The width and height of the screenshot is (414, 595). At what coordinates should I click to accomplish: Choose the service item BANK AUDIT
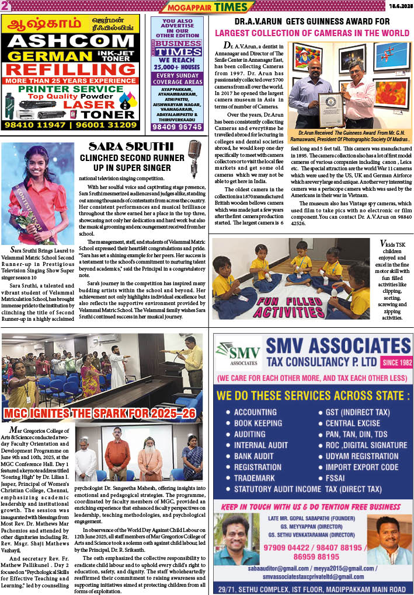pyautogui.click(x=255, y=456)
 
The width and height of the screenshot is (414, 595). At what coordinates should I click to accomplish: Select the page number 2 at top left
pyautogui.click(x=5, y=6)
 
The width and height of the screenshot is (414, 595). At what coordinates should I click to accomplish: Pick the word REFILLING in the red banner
pyautogui.click(x=70, y=69)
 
